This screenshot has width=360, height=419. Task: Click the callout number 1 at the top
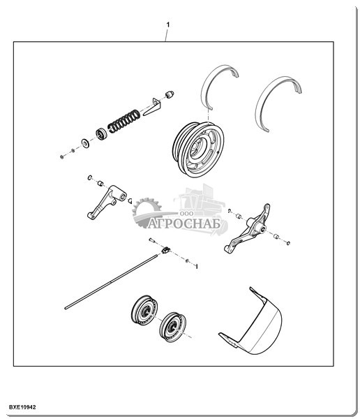click(168, 25)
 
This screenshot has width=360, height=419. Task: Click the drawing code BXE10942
click(22, 407)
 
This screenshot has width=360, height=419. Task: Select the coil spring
click(124, 121)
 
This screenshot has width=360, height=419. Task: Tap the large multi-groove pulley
click(198, 149)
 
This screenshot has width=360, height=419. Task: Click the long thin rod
click(112, 282)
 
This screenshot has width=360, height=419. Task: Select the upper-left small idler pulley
click(144, 309)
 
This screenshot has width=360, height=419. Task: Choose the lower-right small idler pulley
click(172, 327)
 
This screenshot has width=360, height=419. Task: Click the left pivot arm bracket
click(106, 202)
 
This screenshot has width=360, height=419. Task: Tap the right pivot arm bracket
click(248, 229)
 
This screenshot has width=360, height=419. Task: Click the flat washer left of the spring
click(85, 143)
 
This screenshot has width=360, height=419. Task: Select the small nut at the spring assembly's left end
click(61, 156)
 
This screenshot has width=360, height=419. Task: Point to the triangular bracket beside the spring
click(152, 107)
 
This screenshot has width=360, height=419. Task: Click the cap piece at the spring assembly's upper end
click(170, 94)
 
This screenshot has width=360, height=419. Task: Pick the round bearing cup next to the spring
click(101, 134)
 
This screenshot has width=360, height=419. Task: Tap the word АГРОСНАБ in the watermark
click(183, 224)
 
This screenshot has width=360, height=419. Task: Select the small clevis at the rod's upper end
click(165, 250)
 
